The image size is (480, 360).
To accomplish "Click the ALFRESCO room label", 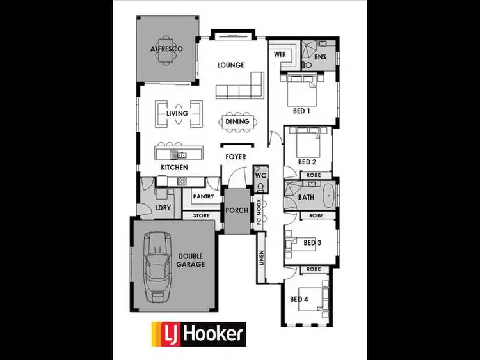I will pyautogui.click(x=166, y=49).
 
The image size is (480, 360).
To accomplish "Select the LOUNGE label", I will pyautogui.click(x=231, y=65).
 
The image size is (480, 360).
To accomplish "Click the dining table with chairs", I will pyautogui.click(x=237, y=121).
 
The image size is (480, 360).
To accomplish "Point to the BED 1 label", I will pyautogui.click(x=301, y=111).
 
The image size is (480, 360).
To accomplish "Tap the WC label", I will pyautogui.click(x=260, y=175).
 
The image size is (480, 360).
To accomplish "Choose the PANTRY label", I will pyautogui.click(x=203, y=197).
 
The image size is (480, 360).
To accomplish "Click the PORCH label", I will pyautogui.click(x=236, y=210).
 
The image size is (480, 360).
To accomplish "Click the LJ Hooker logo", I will pyautogui.click(x=198, y=333).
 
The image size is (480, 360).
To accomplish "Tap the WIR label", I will pyautogui.click(x=280, y=54).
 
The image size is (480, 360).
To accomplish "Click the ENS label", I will pyautogui.click(x=319, y=58).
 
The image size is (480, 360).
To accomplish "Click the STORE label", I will pyautogui.click(x=202, y=216).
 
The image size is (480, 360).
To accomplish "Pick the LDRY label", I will pyautogui.click(x=163, y=208).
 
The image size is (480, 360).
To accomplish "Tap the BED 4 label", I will pyautogui.click(x=300, y=299).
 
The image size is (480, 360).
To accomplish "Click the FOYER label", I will pyautogui.click(x=235, y=157).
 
